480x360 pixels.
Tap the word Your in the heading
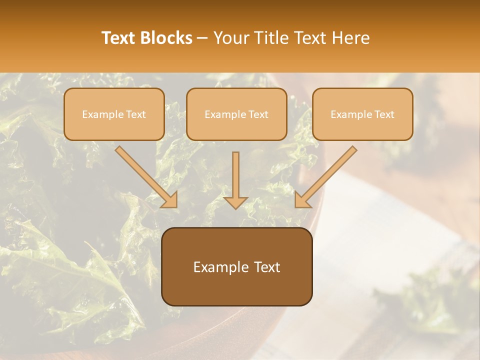(x=229, y=38)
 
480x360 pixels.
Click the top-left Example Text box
(x=114, y=114)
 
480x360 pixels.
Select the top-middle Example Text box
(x=236, y=114)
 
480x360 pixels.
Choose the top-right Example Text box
(x=362, y=114)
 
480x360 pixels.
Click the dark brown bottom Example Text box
(x=237, y=267)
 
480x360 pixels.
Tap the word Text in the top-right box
(x=384, y=114)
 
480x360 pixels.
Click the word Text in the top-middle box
(x=258, y=114)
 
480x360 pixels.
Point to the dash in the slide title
(x=202, y=38)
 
